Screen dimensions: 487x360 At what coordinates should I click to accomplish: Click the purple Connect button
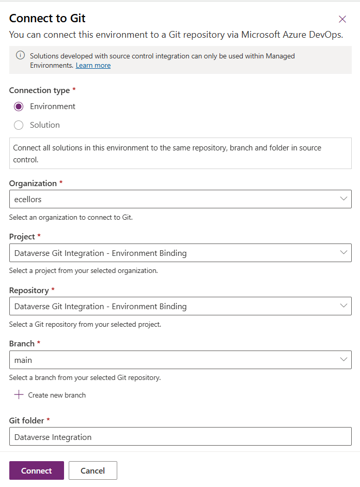(x=36, y=470)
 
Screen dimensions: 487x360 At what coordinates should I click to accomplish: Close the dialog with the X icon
(x=342, y=19)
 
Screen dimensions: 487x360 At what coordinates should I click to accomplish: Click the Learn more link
(x=93, y=66)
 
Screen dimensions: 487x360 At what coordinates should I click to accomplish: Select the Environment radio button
(x=19, y=106)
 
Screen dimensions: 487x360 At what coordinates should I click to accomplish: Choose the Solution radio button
(x=19, y=125)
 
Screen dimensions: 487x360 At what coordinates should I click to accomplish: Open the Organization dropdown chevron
(x=343, y=199)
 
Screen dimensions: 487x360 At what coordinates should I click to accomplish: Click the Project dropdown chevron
(x=343, y=253)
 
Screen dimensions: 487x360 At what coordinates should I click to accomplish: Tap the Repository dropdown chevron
(x=343, y=306)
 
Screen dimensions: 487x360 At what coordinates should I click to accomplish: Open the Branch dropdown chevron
(x=343, y=359)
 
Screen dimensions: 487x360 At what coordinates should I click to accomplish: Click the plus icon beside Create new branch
(x=19, y=395)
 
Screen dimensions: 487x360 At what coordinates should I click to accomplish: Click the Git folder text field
(x=180, y=437)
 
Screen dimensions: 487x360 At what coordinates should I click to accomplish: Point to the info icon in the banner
(x=20, y=55)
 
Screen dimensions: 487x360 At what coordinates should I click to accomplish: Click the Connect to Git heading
(x=48, y=19)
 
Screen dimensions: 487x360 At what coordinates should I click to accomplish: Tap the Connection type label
(x=39, y=90)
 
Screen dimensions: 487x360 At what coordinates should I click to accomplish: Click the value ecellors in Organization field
(x=28, y=200)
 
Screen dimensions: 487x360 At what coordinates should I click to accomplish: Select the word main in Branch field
(x=23, y=360)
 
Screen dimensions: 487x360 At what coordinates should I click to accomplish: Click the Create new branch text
(x=57, y=395)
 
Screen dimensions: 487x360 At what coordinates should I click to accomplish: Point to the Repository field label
(x=29, y=291)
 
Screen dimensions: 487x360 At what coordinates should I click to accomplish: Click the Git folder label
(x=26, y=421)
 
